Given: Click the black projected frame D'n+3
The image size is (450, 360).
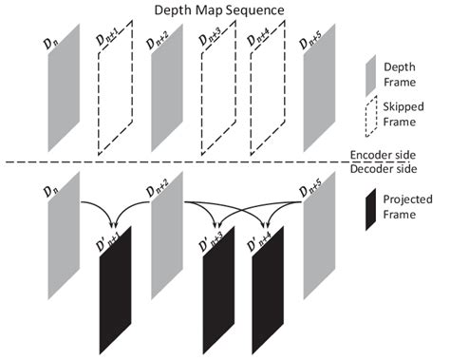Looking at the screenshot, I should (216, 285).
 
